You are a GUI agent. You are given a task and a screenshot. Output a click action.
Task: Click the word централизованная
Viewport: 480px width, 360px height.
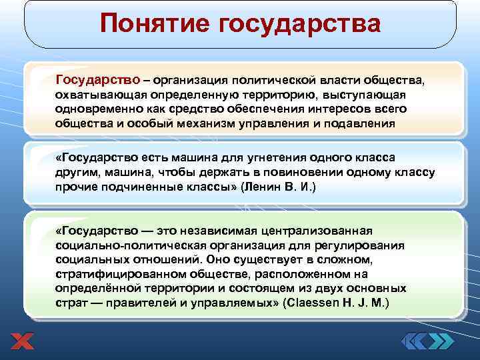pos(323,230)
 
